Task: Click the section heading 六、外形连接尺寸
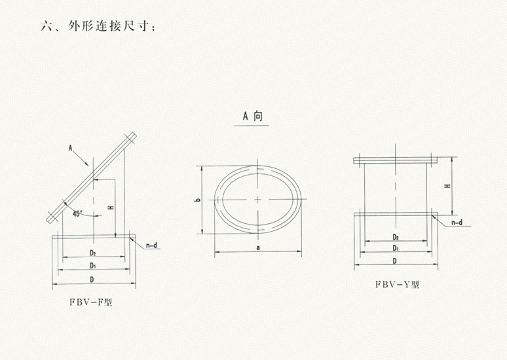[x=98, y=27]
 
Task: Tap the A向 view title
[x=253, y=117]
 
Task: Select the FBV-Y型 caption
[x=397, y=284]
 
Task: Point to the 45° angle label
[x=78, y=213]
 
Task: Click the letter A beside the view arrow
[x=70, y=149]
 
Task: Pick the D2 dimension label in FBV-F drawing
[x=93, y=253]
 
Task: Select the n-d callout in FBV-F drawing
[x=151, y=246]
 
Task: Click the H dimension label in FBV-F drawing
[x=111, y=208]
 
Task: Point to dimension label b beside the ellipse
[x=197, y=200]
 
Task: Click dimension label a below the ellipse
[x=258, y=247]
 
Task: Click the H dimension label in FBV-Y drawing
[x=447, y=187]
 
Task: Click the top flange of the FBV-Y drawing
[x=395, y=160]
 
